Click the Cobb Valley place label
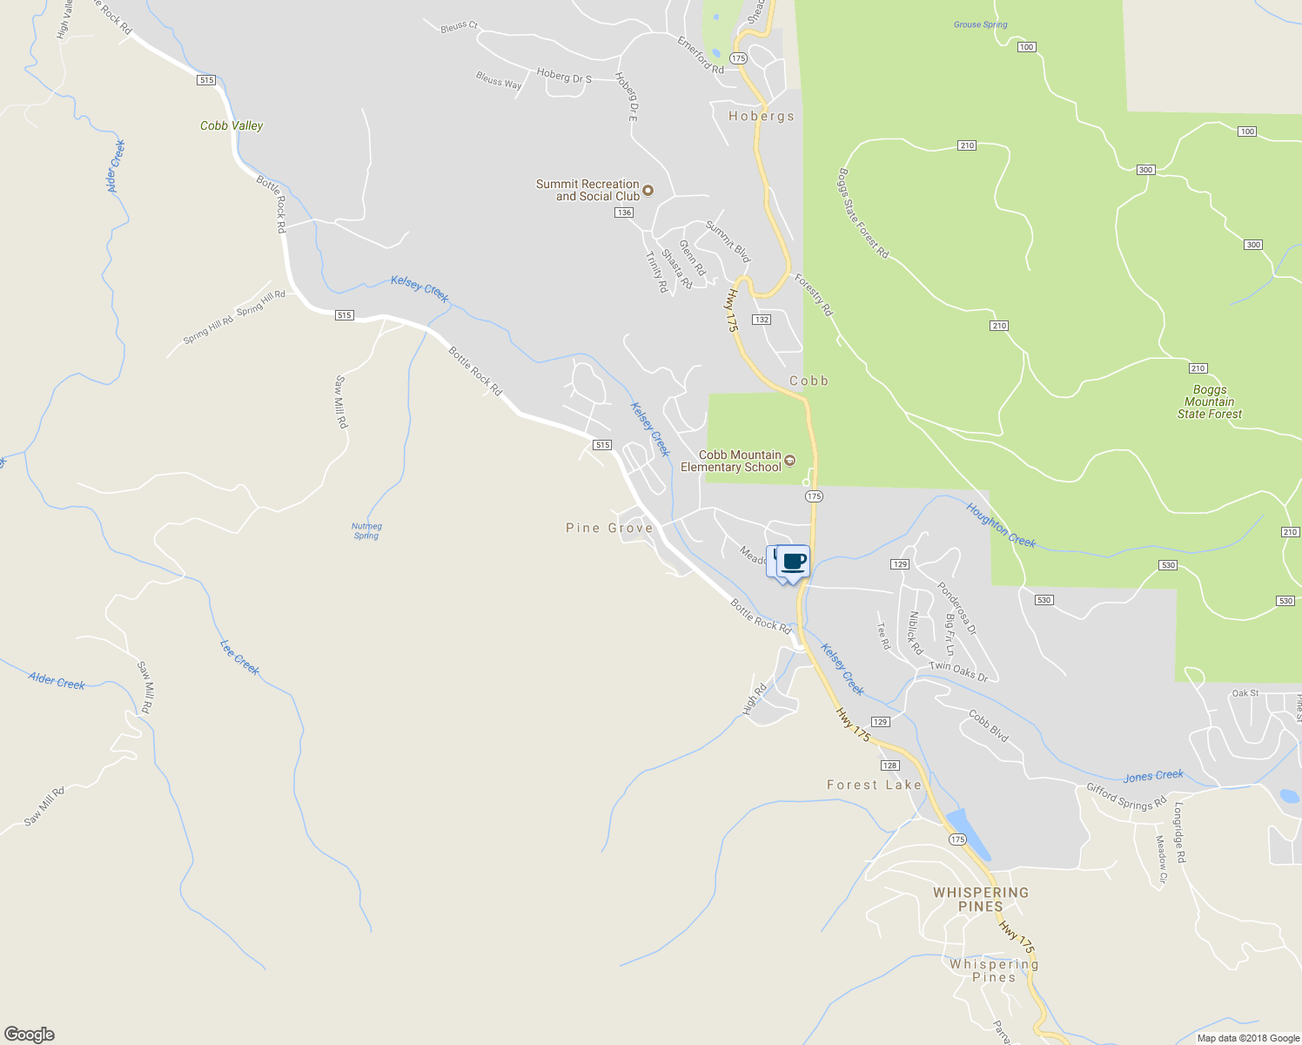point(232,125)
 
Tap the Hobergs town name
point(762,116)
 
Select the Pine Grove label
point(609,528)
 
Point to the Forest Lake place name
point(874,785)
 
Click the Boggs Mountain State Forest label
point(1209,401)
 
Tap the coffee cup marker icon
point(793,562)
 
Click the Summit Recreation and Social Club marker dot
point(648,190)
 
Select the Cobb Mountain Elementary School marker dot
point(790,460)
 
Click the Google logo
point(30,1034)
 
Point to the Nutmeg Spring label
point(366,530)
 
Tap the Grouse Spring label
point(980,24)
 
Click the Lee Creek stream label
point(239,657)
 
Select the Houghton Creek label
point(1001,524)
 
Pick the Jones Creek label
point(1153,775)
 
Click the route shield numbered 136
point(624,212)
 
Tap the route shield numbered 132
point(762,320)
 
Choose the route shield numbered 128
point(889,765)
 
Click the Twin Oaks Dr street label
point(958,671)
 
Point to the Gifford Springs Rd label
point(1126,797)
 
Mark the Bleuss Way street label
point(499,80)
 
